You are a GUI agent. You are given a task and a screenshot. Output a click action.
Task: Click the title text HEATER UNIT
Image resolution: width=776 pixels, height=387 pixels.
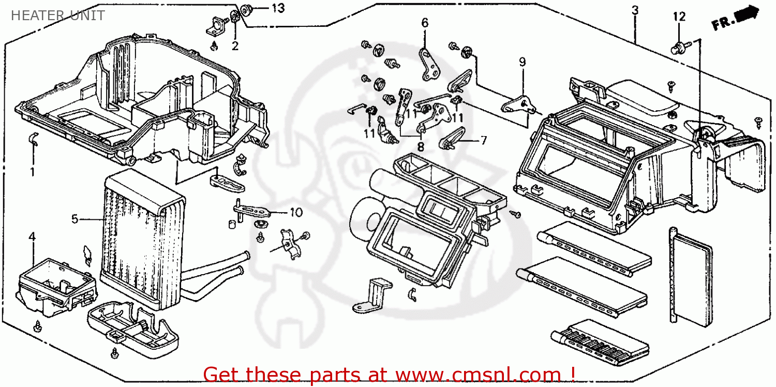coord(57,16)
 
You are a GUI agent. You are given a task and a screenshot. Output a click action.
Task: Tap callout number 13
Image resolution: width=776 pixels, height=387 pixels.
coord(278,8)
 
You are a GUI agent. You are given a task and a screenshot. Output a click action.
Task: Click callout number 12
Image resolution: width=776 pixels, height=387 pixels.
coord(679,17)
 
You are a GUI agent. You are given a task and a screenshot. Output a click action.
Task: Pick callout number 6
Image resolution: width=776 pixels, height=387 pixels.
coord(425,22)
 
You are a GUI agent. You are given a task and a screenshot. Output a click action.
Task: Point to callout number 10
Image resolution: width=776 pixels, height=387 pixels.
coord(295,212)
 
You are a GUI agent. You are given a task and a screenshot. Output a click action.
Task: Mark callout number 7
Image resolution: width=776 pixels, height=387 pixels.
coord(483,140)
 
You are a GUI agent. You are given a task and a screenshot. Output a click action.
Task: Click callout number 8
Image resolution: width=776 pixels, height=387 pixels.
coord(421,147)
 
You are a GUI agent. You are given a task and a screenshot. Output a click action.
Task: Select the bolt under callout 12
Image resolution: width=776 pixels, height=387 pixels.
coord(677,49)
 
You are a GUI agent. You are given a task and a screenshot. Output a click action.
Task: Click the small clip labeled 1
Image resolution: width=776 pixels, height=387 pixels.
coord(33,139)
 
